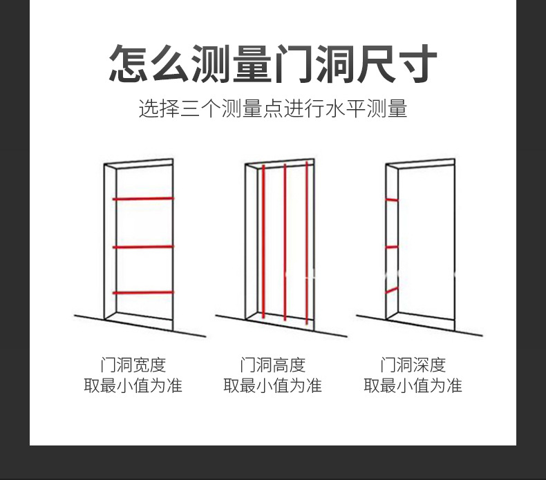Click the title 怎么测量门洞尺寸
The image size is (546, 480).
(x=272, y=64)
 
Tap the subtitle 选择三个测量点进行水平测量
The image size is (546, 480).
(x=272, y=109)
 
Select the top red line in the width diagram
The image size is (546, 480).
(x=143, y=199)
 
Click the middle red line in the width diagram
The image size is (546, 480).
(x=143, y=246)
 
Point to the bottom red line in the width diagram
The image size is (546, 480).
(x=143, y=292)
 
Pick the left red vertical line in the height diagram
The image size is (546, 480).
(x=263, y=242)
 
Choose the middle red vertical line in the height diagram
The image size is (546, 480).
(x=285, y=242)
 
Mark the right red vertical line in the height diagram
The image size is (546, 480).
(x=307, y=242)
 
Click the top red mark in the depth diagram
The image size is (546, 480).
(x=392, y=200)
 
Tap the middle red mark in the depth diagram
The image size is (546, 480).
(x=392, y=247)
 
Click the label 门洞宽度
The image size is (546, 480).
(x=133, y=365)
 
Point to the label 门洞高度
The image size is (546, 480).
(x=272, y=365)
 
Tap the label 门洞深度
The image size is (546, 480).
(x=413, y=365)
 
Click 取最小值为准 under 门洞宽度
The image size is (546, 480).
(x=133, y=385)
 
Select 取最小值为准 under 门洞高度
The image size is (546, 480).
(x=272, y=385)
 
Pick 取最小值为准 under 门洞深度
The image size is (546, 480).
(x=413, y=385)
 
